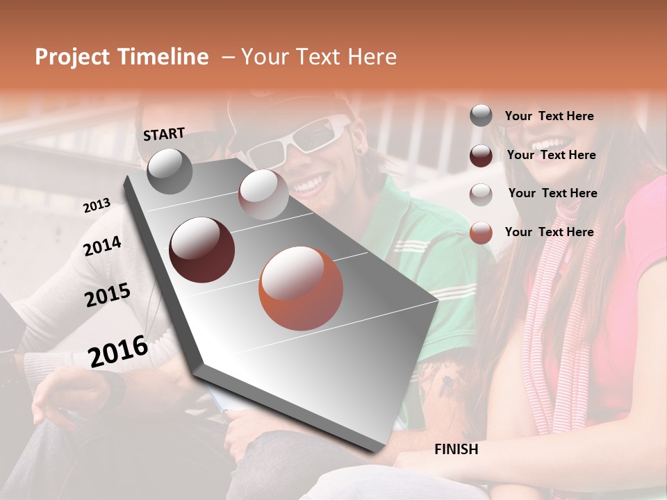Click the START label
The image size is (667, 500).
(x=164, y=134)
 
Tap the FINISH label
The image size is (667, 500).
(x=456, y=449)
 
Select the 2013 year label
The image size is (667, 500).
(x=97, y=206)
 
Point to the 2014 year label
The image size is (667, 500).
(x=103, y=247)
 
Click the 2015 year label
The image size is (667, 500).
(x=108, y=296)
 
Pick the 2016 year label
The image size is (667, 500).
(x=118, y=351)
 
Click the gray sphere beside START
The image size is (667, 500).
(x=170, y=172)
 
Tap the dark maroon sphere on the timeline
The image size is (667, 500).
(x=202, y=250)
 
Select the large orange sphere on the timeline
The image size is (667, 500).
(x=301, y=288)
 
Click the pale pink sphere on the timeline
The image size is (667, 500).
(x=263, y=194)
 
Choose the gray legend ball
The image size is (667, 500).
(x=481, y=116)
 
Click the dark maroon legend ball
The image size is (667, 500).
(x=481, y=155)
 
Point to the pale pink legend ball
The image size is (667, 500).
(x=481, y=194)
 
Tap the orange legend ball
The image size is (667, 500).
(x=481, y=233)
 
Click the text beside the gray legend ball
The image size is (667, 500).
(x=549, y=116)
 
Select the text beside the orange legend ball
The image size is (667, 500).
(x=549, y=232)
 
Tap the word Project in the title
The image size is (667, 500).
(x=72, y=57)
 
